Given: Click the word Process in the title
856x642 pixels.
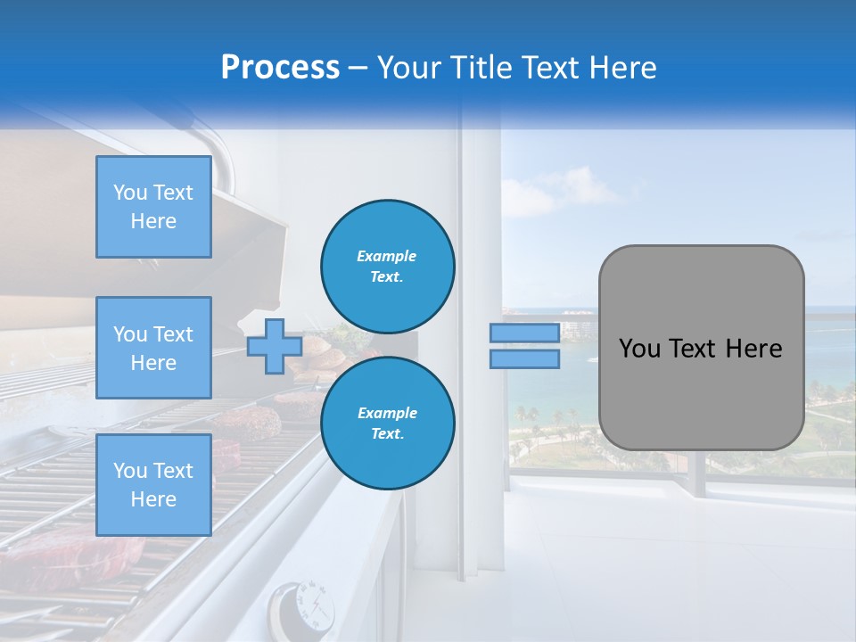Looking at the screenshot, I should coord(280,68).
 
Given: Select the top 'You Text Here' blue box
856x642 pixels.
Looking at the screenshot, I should coord(153,207).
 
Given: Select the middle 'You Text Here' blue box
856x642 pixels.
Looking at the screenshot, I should coord(153,348).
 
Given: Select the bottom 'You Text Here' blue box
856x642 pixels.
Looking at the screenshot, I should coord(153,485).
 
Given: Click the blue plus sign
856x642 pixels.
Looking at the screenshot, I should coord(274,346).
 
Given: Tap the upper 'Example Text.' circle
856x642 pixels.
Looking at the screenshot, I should coord(388,267).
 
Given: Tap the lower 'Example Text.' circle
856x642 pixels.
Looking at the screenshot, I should coord(388,424).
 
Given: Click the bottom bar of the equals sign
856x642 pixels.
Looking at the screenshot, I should coord(524,358).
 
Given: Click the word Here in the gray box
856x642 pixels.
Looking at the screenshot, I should coord(753,349).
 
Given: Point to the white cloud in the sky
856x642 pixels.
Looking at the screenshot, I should coord(544,196).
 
